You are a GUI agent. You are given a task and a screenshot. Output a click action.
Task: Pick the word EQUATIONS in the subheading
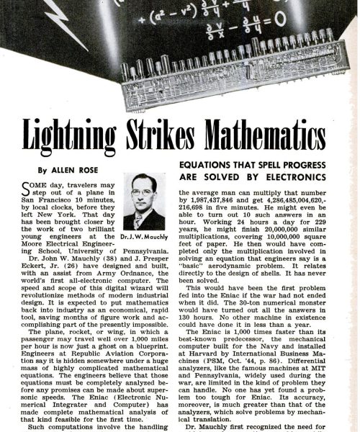[x=207, y=166]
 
